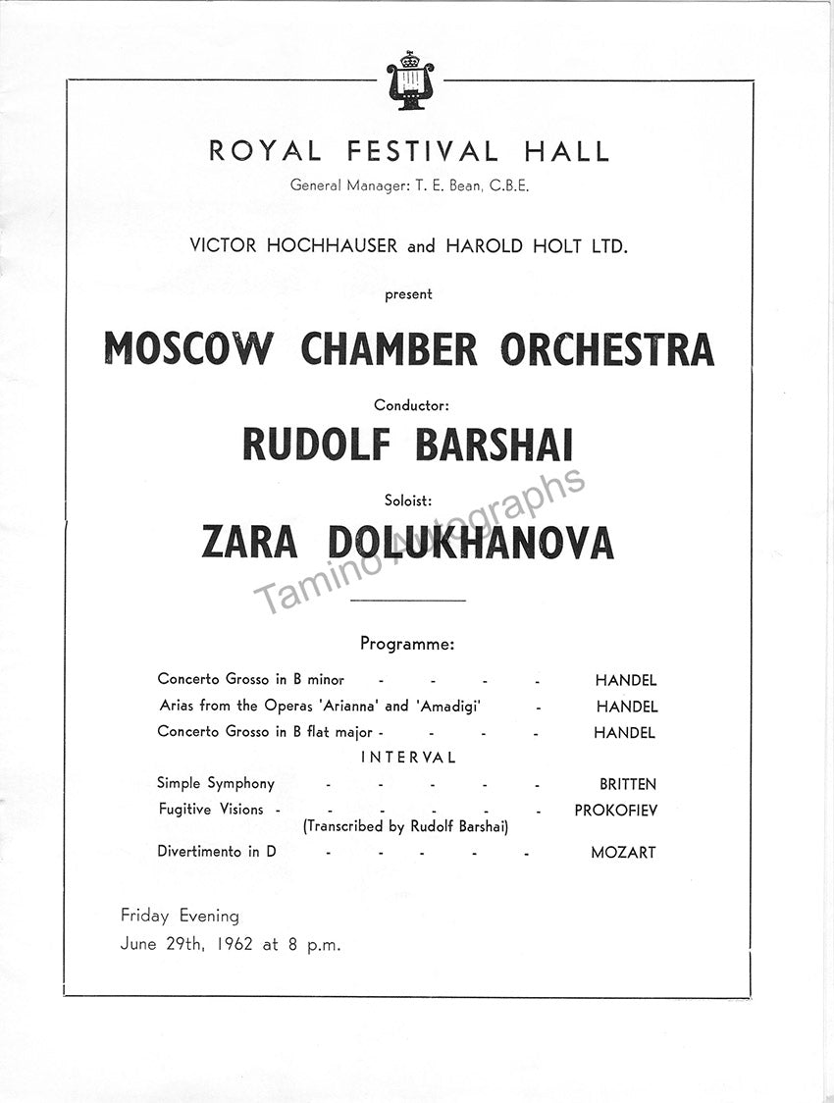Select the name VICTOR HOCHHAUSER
pos(294,246)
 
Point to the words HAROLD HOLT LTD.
pos(536,246)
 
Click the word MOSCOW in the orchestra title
pos(190,349)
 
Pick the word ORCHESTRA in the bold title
pos(607,349)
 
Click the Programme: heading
pos(407,645)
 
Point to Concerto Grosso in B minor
pos(250,679)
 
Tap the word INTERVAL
pos(408,758)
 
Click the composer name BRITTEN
pos(628,784)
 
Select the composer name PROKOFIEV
pos(615,811)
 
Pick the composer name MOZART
pos(623,853)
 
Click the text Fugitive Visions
pos(211,810)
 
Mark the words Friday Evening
pos(180,916)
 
